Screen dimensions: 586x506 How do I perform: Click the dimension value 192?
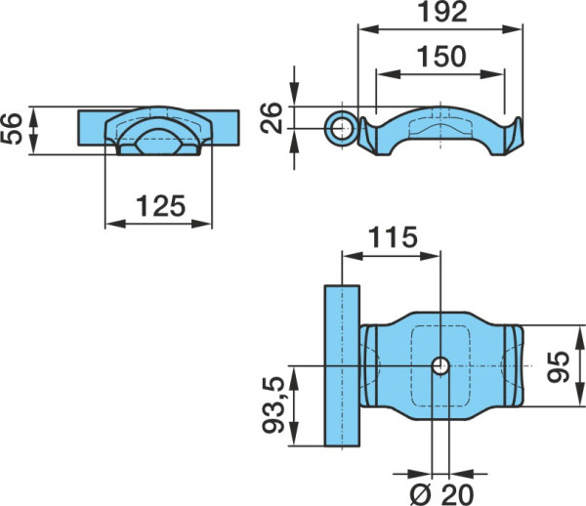pyautogui.click(x=442, y=12)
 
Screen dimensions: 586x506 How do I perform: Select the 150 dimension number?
pyautogui.click(x=441, y=57)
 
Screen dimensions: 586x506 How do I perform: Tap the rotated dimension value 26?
pyautogui.click(x=272, y=117)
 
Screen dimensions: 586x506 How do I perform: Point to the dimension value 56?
pyautogui.click(x=12, y=129)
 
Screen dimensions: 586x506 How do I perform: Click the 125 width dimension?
pyautogui.click(x=161, y=206)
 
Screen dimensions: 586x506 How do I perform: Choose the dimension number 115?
pyautogui.click(x=393, y=237)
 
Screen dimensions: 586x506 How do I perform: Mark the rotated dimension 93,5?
pyautogui.click(x=273, y=405)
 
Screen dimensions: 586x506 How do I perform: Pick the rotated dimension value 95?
pyautogui.click(x=558, y=367)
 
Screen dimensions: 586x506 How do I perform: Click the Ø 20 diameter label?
pyautogui.click(x=441, y=494)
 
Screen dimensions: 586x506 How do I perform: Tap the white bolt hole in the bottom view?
pyautogui.click(x=440, y=366)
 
